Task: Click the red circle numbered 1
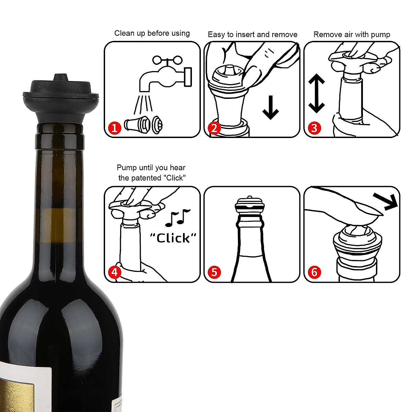(115, 128)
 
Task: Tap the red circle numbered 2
(214, 128)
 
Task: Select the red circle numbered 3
(314, 128)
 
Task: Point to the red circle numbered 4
(115, 272)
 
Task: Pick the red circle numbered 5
(214, 272)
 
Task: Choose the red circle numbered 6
(314, 272)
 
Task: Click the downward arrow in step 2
(271, 107)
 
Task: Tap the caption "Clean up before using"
(152, 33)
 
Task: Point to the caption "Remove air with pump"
(352, 35)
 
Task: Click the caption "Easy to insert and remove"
(252, 35)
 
